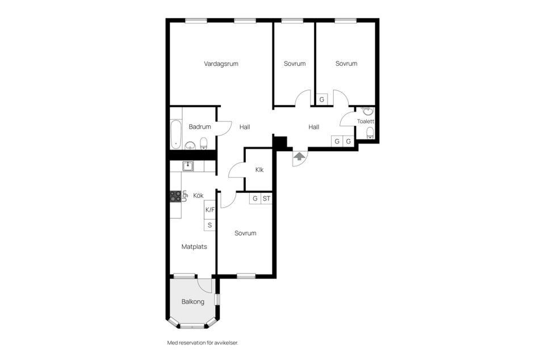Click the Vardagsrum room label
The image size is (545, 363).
click(221, 64)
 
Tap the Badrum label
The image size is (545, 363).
click(200, 127)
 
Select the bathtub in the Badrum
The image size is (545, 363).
click(175, 134)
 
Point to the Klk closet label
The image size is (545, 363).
click(259, 170)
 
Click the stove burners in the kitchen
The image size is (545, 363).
click(176, 196)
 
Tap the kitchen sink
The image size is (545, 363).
click(188, 166)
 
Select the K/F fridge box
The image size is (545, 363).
click(210, 210)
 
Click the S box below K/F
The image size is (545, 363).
click(210, 225)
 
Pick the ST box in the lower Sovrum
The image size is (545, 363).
click(266, 199)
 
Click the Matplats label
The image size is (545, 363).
click(194, 247)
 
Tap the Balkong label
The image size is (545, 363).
click(193, 302)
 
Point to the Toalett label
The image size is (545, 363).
click(366, 121)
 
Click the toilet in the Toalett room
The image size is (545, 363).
click(370, 133)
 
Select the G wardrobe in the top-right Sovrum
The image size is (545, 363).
click(322, 100)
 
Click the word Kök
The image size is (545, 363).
click(198, 196)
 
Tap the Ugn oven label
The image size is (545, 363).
click(185, 196)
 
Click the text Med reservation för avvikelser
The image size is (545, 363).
click(202, 343)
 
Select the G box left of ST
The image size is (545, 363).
click(255, 199)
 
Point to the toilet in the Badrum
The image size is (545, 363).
click(204, 142)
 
